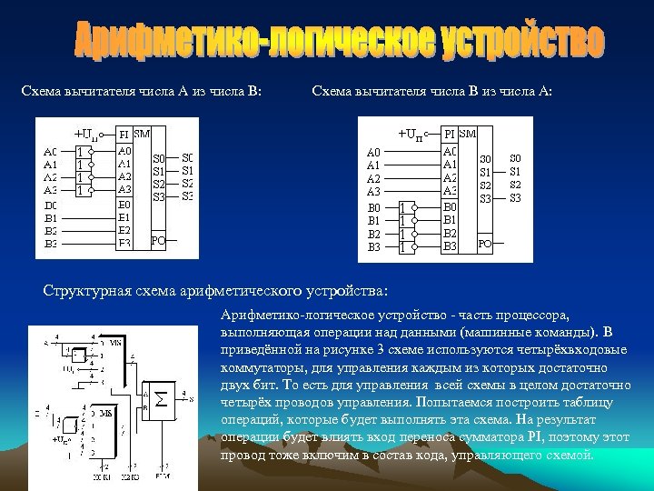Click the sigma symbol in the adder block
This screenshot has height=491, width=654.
(161, 397)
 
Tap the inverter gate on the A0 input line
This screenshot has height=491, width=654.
(82, 152)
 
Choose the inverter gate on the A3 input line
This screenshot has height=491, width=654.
(82, 191)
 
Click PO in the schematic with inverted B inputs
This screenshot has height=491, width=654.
(485, 244)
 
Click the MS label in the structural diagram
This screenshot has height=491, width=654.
(106, 413)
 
